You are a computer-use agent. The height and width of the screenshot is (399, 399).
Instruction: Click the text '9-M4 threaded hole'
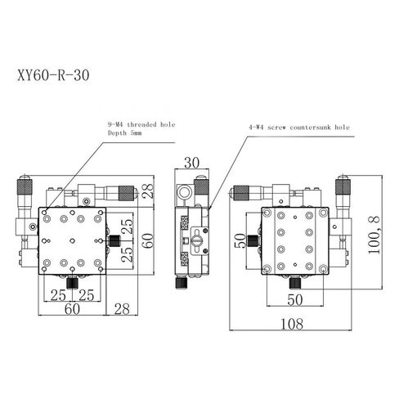140,124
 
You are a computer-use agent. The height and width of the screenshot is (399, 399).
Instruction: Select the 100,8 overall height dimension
375,236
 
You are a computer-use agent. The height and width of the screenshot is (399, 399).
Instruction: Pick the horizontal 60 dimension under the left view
72,307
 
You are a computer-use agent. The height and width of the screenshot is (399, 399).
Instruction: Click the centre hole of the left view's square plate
73,240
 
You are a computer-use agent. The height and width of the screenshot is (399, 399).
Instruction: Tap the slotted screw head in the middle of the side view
195,242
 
